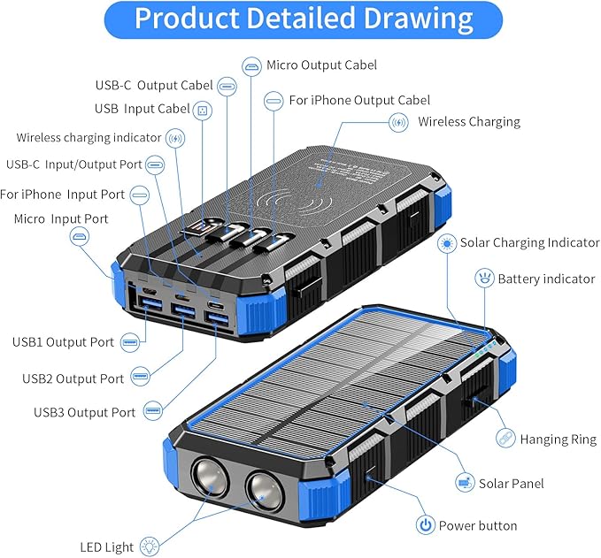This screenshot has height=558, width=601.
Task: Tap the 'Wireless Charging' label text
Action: tap(468, 122)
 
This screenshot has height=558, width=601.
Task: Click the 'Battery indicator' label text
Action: tap(545, 279)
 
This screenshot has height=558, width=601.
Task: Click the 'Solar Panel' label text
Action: tap(511, 483)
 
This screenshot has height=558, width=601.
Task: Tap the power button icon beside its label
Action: tap(426, 525)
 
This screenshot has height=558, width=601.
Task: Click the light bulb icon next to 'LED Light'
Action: tap(150, 547)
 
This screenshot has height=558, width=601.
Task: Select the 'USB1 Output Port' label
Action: tap(63, 342)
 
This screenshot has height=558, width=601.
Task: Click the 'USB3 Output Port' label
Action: tap(85, 412)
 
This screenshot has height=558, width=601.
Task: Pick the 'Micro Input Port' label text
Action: tap(61, 218)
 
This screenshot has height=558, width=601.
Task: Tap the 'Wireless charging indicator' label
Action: tap(89, 138)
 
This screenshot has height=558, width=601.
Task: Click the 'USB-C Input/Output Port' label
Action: tap(73, 164)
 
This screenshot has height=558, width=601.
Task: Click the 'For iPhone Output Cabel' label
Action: tap(359, 101)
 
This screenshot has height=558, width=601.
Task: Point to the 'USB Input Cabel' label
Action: tap(142, 109)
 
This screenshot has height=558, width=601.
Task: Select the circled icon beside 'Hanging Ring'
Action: tap(505, 438)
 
